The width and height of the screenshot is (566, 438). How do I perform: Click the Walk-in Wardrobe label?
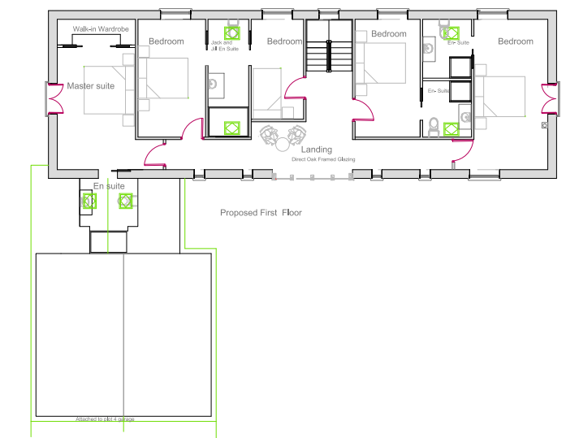click(101, 28)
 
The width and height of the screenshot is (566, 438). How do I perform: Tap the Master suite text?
click(91, 86)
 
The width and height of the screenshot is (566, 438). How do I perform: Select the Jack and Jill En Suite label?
click(223, 46)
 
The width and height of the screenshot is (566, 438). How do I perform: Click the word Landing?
click(316, 150)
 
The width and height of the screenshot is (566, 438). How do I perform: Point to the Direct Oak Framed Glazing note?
click(323, 160)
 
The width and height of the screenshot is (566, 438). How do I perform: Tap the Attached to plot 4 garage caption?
click(106, 419)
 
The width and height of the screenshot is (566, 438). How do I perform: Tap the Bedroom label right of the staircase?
click(388, 34)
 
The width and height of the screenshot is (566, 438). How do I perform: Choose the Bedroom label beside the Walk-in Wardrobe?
click(166, 41)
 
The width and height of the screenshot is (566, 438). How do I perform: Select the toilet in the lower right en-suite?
click(434, 127)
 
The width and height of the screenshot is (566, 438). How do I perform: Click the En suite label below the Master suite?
click(109, 186)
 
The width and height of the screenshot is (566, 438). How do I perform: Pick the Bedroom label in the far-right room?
click(516, 41)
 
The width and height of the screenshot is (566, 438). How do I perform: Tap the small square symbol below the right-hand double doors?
click(543, 126)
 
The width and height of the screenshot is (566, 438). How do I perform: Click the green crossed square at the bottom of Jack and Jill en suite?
click(231, 128)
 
